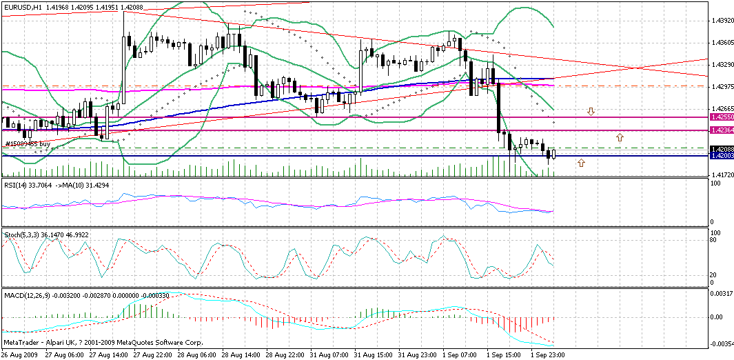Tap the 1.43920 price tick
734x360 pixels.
[720, 21]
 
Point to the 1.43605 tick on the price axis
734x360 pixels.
[720, 43]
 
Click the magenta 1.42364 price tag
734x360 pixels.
[721, 130]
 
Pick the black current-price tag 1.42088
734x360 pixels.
[721, 149]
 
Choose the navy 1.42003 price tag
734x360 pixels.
[721, 156]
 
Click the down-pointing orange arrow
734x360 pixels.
[591, 111]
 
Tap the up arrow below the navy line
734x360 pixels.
[581, 163]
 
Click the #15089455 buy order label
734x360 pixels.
[28, 144]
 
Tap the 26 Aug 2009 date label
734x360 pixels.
[20, 354]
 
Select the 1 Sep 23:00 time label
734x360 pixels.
[549, 354]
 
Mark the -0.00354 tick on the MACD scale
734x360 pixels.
[720, 343]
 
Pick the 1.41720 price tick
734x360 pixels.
[720, 175]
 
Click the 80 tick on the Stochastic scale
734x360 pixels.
[714, 240]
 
